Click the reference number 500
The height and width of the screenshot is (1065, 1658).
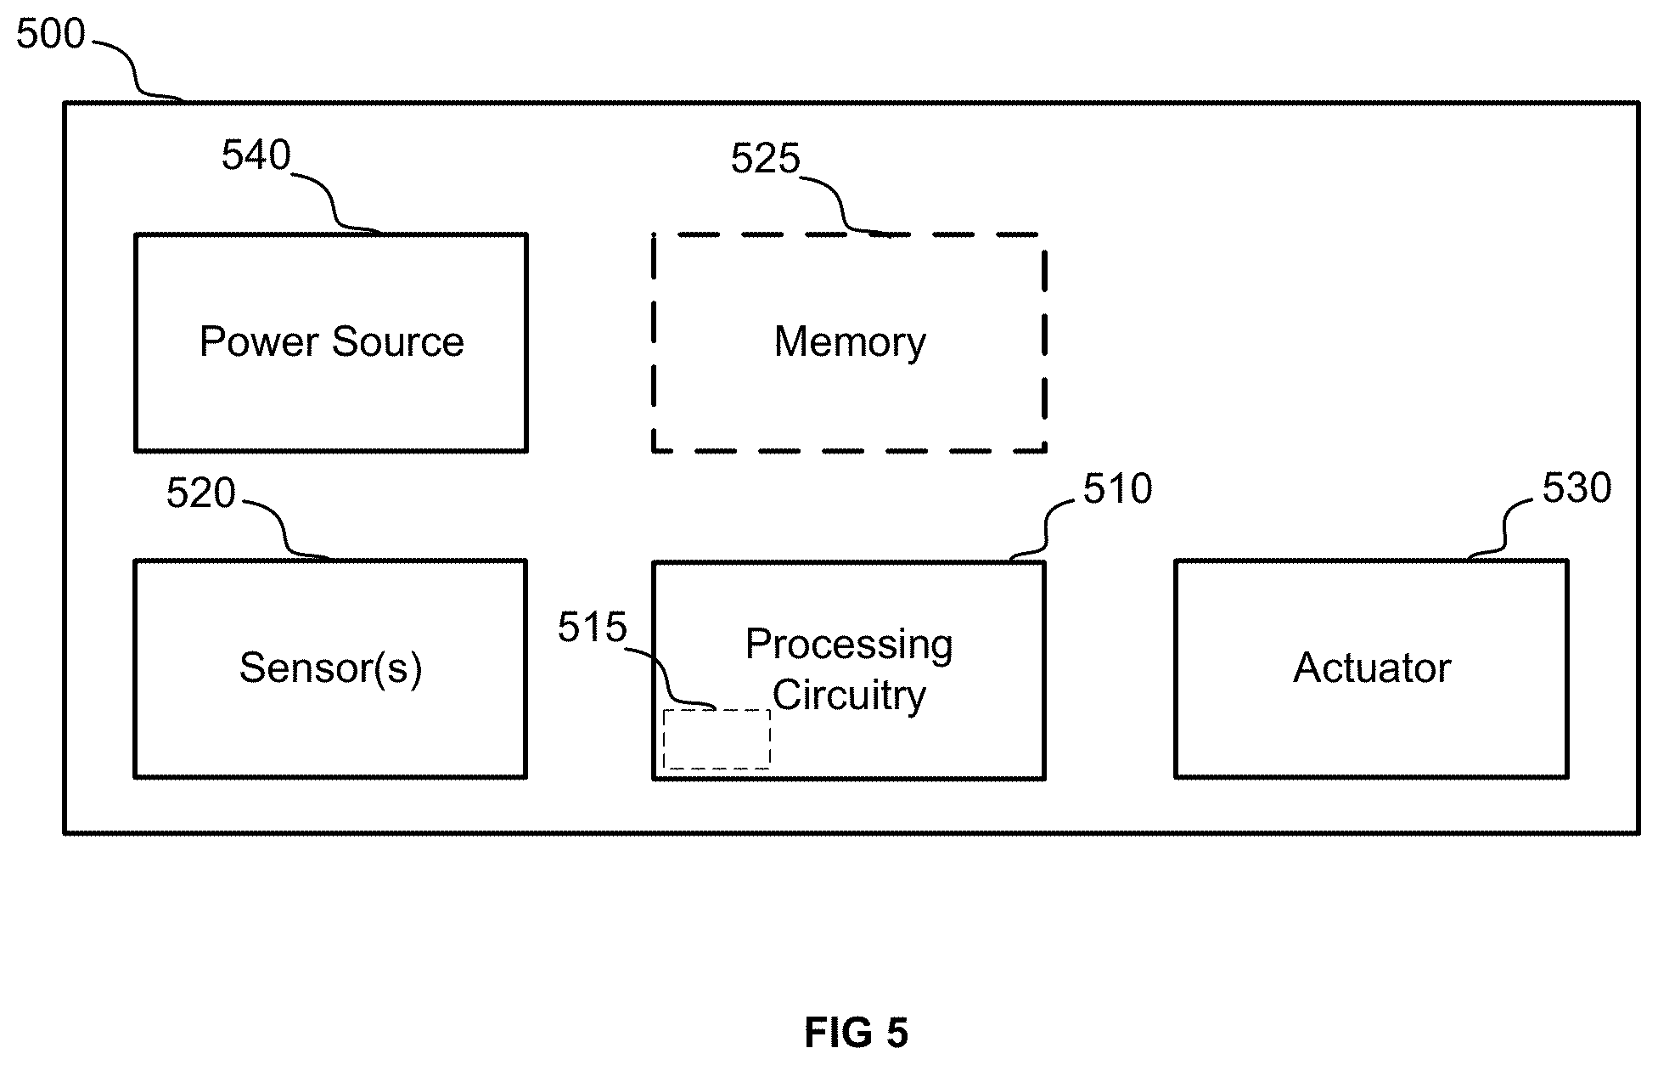[x=51, y=35]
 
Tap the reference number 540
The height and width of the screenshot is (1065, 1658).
[x=256, y=155]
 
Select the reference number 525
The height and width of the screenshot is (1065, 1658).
[x=766, y=159]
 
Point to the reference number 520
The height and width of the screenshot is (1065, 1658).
[x=200, y=493]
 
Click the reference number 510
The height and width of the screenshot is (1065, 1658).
[x=1118, y=489]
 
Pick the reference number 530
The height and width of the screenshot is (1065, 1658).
[x=1577, y=488]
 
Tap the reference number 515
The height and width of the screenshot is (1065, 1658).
[x=592, y=628]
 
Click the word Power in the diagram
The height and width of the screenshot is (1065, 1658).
[x=260, y=341]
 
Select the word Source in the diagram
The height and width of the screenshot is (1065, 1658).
[x=398, y=341]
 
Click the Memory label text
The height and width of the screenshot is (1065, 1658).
[x=850, y=342]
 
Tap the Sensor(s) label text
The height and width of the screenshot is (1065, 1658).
[x=330, y=668]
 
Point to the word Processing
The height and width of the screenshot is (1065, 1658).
[x=849, y=645]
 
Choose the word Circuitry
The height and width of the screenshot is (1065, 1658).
[x=849, y=696]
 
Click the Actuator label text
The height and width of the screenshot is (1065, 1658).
[x=1372, y=668]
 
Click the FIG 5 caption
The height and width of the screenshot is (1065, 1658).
[x=856, y=1034]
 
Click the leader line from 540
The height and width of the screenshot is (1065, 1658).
[x=334, y=203]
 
